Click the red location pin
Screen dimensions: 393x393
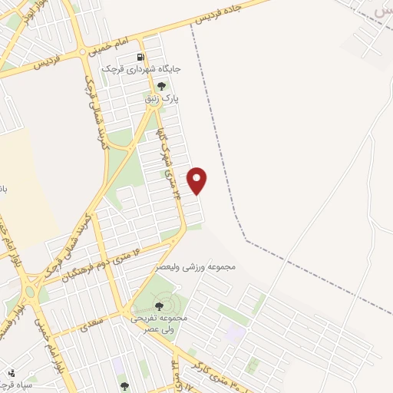tap(197, 179)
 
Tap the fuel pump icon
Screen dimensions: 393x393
tap(140, 57)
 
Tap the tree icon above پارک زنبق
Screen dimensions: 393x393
tap(160, 86)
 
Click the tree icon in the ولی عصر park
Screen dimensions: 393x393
tap(159, 306)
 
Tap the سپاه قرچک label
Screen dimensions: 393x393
tap(15, 385)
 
